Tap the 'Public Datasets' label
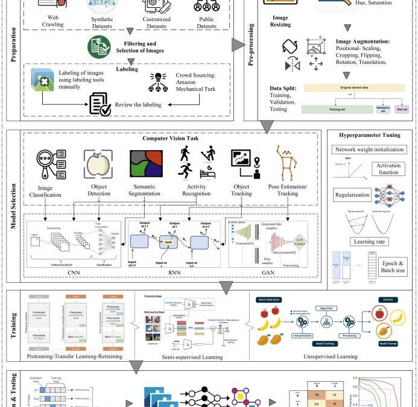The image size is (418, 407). (x=206, y=22)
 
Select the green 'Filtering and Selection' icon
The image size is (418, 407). (x=99, y=47)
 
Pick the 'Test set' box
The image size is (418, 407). (x=401, y=110)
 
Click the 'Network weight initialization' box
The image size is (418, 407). (x=370, y=150)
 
